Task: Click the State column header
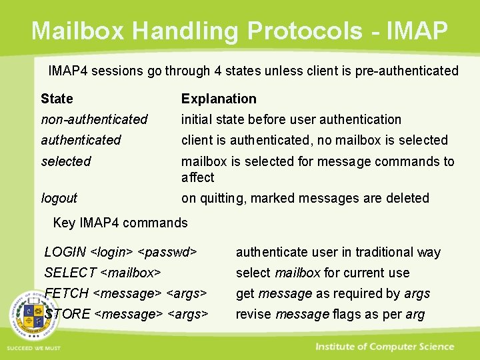57,99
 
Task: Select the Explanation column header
219,99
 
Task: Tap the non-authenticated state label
94,119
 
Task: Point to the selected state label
65,161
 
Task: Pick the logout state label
59,198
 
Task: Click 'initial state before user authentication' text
291,119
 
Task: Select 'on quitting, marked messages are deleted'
305,198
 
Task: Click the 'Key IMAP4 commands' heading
120,223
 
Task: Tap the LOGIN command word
65,252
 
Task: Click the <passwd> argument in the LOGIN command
167,252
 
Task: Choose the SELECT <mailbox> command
102,273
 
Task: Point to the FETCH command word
67,293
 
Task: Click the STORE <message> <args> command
127,314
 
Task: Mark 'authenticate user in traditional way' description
338,252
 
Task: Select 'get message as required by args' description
333,293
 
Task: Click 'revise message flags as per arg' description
330,314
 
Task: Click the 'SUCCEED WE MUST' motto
33,349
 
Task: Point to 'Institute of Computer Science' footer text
385,347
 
